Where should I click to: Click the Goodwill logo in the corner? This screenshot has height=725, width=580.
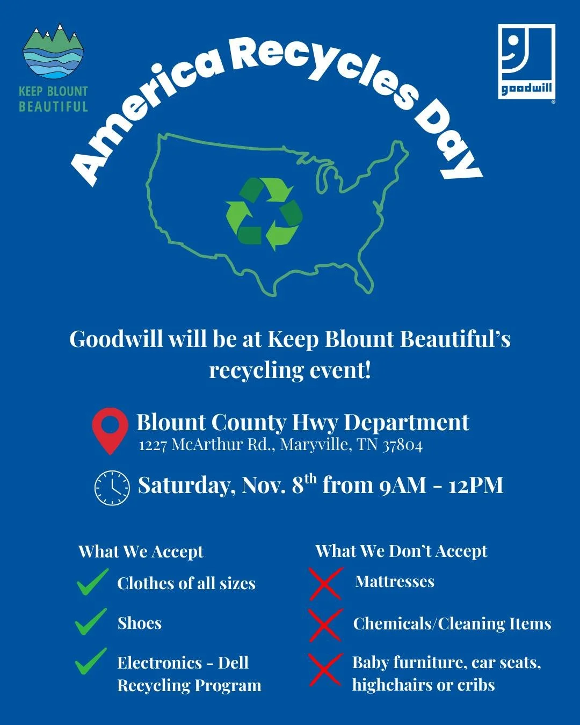[x=526, y=61]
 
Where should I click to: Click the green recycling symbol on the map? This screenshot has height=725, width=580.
[x=264, y=214]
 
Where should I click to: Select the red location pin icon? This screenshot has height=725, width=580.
[x=110, y=430]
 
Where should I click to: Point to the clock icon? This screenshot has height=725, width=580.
[x=112, y=487]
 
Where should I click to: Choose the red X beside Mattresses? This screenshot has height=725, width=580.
[x=325, y=583]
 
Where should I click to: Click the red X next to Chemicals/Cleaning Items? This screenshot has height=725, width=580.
[x=325, y=624]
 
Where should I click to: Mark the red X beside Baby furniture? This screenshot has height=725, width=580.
[x=325, y=669]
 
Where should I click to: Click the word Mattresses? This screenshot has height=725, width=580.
[x=395, y=582]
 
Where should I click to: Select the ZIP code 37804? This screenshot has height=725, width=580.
[x=402, y=445]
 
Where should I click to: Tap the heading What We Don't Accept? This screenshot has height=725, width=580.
[x=401, y=551]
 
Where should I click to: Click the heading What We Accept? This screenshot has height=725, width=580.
[x=141, y=552]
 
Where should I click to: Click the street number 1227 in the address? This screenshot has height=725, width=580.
[x=153, y=445]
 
